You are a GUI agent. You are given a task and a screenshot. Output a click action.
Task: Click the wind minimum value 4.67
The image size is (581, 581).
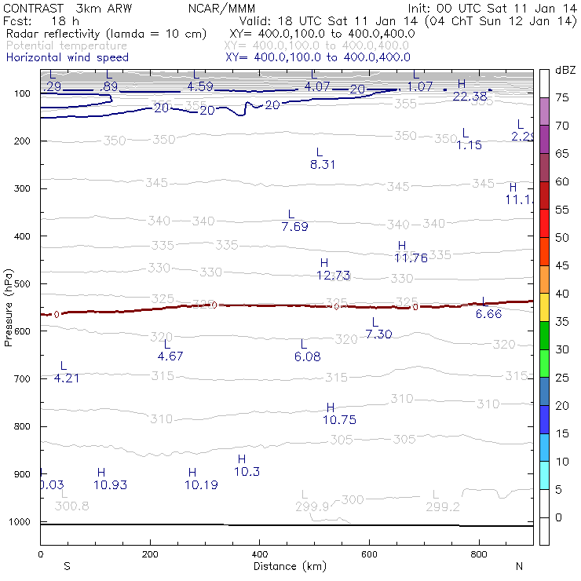tap(170, 356)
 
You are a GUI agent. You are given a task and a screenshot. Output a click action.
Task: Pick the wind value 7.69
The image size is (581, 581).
tap(294, 227)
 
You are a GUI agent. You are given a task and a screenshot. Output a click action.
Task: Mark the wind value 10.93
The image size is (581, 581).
tap(110, 484)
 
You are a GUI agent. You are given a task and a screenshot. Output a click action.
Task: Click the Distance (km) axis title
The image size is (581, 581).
tap(287, 566)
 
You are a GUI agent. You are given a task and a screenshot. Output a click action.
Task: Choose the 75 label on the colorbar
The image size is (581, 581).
tap(563, 98)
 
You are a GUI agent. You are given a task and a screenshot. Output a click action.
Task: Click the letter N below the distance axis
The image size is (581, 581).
tap(519, 566)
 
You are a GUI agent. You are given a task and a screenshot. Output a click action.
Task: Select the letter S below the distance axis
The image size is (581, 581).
tap(68, 566)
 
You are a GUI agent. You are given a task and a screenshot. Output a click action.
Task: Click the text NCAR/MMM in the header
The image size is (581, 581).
tap(222, 8)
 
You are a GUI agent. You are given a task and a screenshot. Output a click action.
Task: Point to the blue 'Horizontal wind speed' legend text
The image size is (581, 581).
tap(68, 57)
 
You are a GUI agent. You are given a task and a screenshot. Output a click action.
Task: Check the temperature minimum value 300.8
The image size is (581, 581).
tap(71, 506)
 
